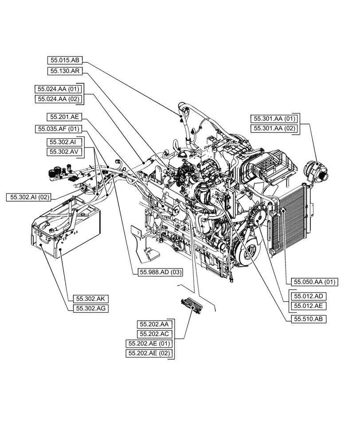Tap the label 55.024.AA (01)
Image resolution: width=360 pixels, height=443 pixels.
[58, 89]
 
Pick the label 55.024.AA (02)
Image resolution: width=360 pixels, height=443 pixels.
[58, 99]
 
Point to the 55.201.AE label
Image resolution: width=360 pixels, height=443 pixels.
[63, 117]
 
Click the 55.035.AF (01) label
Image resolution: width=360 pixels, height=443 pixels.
[58, 129]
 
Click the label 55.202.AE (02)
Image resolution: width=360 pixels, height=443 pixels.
[149, 353]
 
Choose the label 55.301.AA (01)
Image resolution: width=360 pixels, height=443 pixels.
[274, 118]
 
